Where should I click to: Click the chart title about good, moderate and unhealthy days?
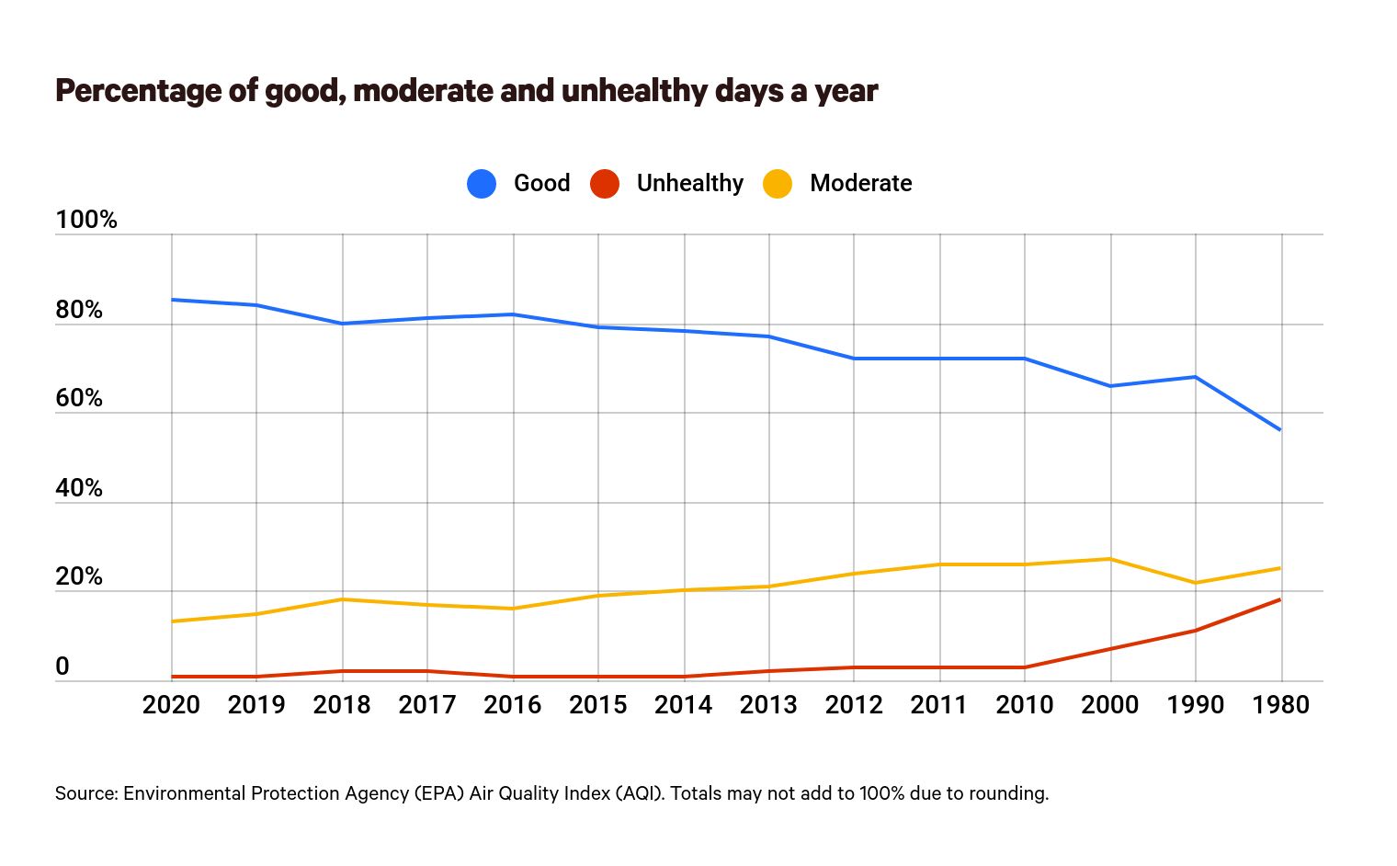click(466, 91)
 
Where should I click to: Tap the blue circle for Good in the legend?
click(482, 184)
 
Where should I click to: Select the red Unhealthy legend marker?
click(604, 184)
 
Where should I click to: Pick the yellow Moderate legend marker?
click(778, 184)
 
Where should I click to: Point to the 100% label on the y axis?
click(86, 220)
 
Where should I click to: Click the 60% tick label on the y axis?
click(79, 398)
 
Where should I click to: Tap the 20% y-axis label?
click(79, 576)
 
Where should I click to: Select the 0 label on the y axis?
click(62, 667)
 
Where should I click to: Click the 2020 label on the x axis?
click(171, 705)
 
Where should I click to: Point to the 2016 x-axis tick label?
click(512, 705)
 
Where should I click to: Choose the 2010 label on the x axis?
click(1024, 705)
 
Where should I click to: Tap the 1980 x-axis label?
click(1280, 705)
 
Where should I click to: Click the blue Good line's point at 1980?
click(1280, 429)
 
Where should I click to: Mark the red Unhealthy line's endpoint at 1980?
click(1280, 599)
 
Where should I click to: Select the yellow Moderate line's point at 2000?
click(1110, 559)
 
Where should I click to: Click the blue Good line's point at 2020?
click(172, 300)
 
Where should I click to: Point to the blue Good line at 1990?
click(1196, 377)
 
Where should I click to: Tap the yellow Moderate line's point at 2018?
click(343, 599)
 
